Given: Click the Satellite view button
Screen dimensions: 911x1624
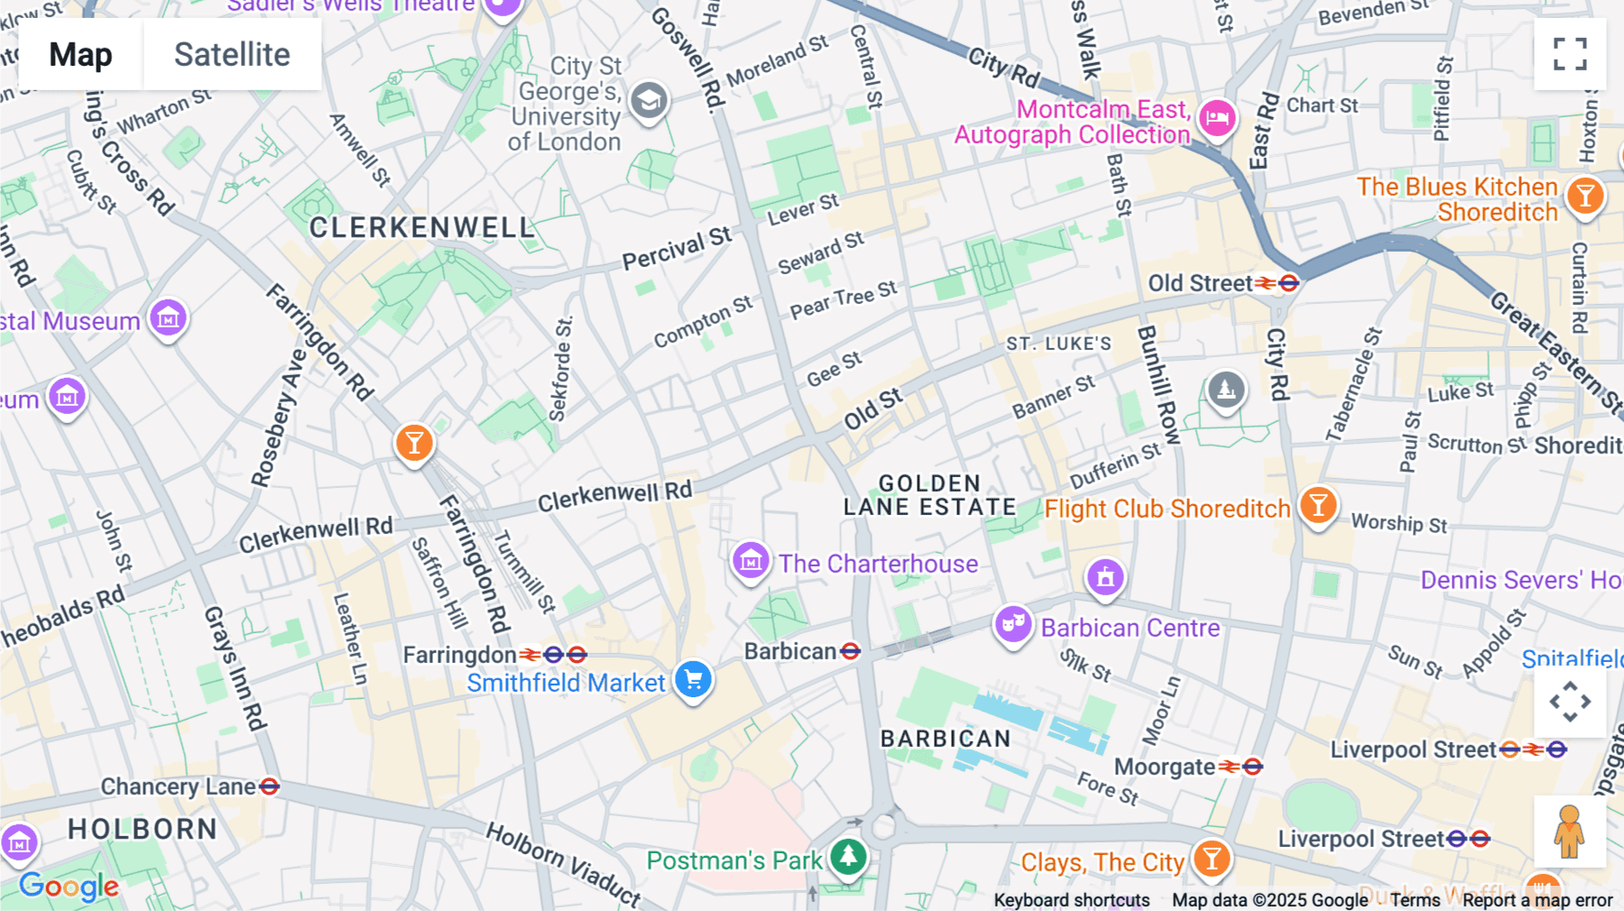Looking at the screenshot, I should click(232, 55).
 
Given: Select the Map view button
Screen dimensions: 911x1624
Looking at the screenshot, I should click(80, 55).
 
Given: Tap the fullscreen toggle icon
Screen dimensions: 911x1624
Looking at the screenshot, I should click(1570, 54).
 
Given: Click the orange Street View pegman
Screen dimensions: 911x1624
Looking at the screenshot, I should click(1570, 832).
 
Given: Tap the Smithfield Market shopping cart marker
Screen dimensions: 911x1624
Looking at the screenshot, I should click(693, 680).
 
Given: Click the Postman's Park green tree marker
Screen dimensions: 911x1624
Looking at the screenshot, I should click(848, 855).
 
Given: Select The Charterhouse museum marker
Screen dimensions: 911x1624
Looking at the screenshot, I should click(751, 561).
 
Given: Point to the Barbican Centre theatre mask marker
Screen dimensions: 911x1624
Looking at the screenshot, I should click(1013, 623).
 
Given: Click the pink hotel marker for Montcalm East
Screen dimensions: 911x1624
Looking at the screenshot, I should click(1217, 117).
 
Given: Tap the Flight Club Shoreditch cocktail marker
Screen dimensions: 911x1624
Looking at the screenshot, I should click(1318, 505).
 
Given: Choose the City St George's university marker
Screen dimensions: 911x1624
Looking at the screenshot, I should click(649, 101).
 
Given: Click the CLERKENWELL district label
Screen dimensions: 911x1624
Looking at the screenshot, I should click(422, 227).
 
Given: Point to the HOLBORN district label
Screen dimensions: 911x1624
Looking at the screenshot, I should click(143, 829).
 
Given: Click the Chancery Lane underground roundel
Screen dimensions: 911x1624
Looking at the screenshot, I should click(269, 787).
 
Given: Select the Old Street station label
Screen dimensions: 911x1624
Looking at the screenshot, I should click(1200, 283).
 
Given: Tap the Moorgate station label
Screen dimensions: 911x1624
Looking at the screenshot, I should click(1165, 767).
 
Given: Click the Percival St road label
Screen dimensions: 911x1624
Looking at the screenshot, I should click(677, 249).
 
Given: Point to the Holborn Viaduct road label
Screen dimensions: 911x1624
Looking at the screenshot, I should click(564, 862).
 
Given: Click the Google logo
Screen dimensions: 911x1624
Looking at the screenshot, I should click(69, 887).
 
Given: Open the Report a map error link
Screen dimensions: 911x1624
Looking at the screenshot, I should click(1537, 900).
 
